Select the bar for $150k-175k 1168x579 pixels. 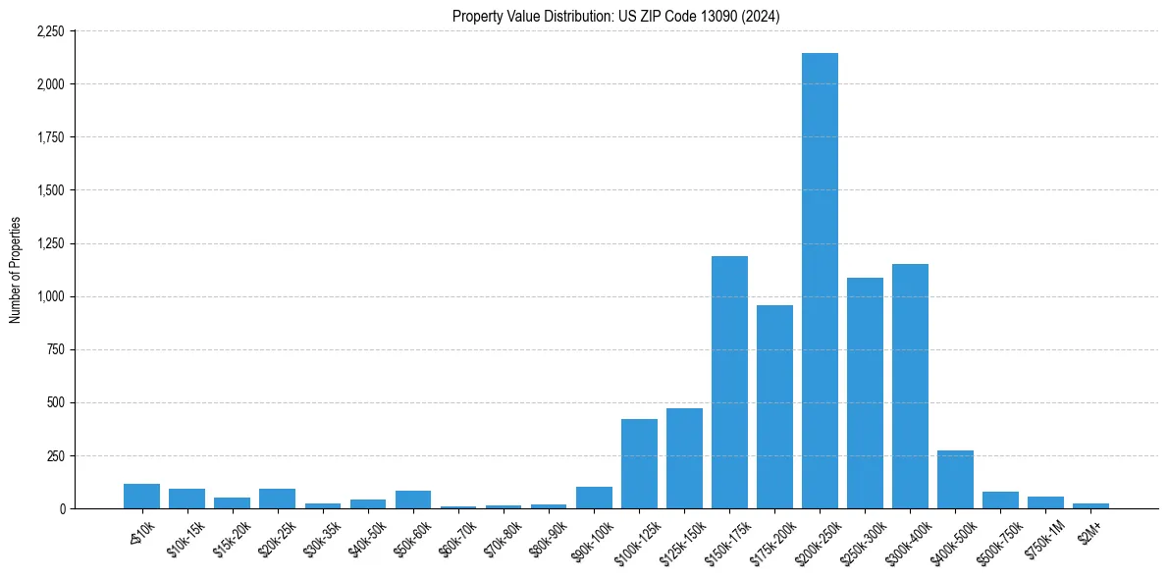[729, 383]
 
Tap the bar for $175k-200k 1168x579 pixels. [774, 407]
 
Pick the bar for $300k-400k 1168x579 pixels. [910, 387]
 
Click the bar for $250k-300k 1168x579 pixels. [865, 394]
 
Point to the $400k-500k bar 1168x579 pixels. [955, 480]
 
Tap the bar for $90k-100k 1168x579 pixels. [594, 498]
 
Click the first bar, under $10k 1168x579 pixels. [141, 497]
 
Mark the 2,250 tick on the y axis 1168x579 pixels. [50, 31]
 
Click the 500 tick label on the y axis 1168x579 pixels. [55, 402]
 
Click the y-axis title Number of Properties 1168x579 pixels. [15, 270]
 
